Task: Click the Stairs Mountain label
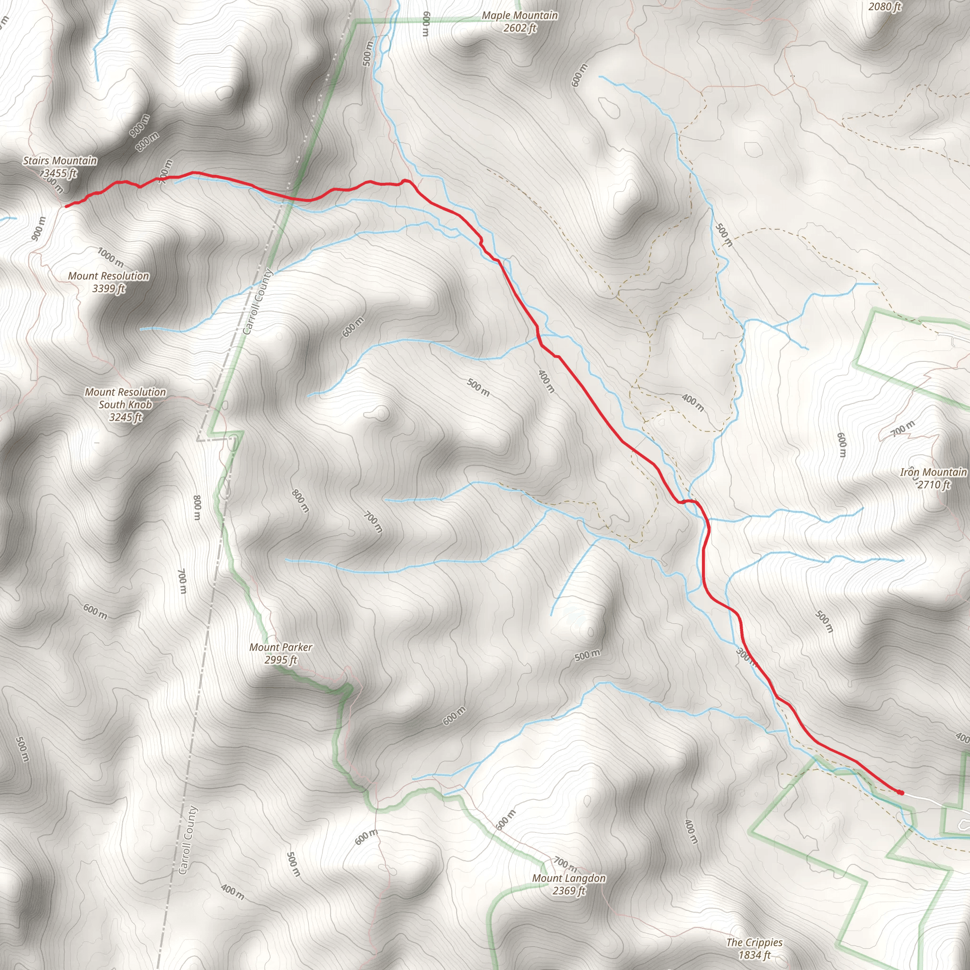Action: pyautogui.click(x=60, y=161)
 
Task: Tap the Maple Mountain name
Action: pyautogui.click(x=520, y=16)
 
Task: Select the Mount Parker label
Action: pyautogui.click(x=281, y=647)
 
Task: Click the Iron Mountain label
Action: pyautogui.click(x=933, y=472)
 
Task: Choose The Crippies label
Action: pyautogui.click(x=754, y=943)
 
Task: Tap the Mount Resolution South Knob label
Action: pyautogui.click(x=125, y=398)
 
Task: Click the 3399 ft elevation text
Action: pyautogui.click(x=108, y=289)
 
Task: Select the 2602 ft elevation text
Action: pyautogui.click(x=520, y=28)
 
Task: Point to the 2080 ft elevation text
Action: pyautogui.click(x=885, y=7)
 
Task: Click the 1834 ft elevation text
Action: pyautogui.click(x=754, y=955)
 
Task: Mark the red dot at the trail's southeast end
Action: pyautogui.click(x=901, y=793)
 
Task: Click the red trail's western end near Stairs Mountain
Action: pyautogui.click(x=67, y=206)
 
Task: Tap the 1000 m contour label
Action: pyautogui.click(x=110, y=258)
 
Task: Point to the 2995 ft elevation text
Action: pyautogui.click(x=281, y=660)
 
